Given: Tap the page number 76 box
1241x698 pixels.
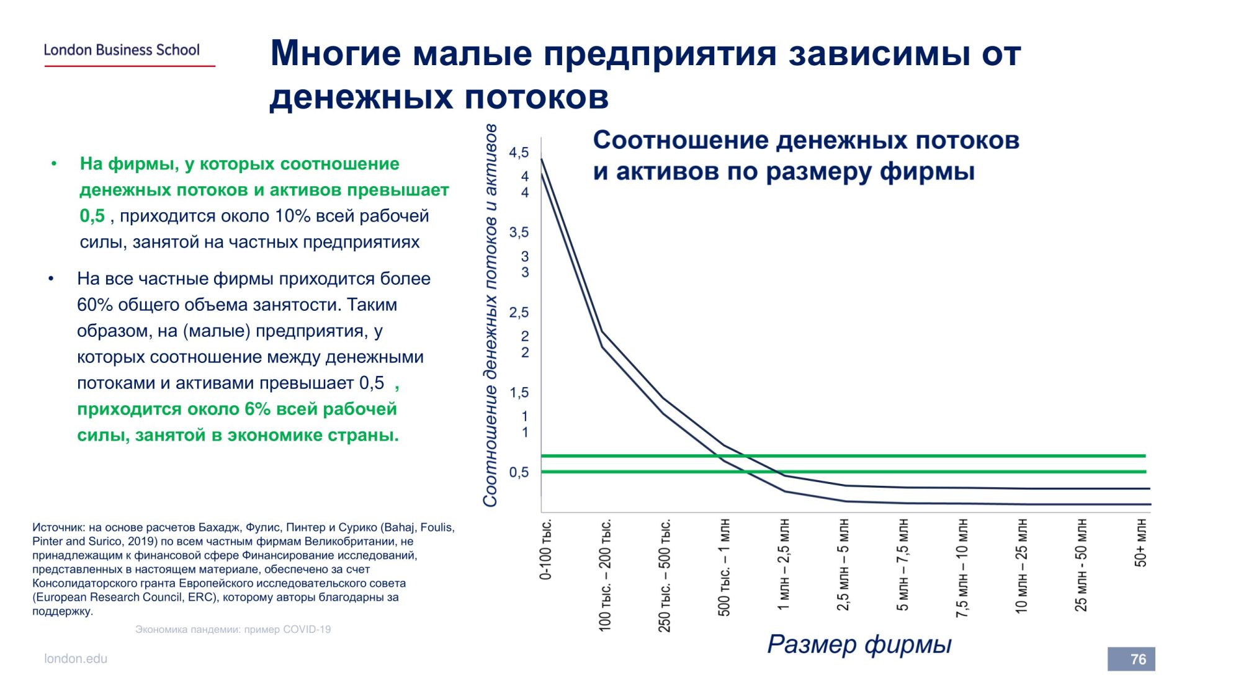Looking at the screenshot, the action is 1131,659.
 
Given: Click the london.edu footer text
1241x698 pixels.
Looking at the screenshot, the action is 76,659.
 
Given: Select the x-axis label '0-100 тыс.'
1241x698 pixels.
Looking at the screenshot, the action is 546,550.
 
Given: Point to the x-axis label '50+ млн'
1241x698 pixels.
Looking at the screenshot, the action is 1140,544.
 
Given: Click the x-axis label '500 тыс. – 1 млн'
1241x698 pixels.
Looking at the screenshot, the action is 724,568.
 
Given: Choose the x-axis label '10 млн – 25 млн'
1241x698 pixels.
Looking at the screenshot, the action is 1021,566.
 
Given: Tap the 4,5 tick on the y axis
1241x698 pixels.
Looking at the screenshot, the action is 519,153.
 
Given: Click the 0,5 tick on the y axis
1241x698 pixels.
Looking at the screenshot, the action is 519,473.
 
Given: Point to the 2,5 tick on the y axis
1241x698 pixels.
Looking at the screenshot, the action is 519,313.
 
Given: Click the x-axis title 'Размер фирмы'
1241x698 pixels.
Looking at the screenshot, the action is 859,645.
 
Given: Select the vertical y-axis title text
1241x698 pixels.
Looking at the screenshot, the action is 490,315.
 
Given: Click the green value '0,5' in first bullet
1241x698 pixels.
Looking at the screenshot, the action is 92,216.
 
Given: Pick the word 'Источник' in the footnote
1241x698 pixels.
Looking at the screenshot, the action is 58,527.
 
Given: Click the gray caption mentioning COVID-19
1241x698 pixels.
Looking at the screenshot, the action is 233,629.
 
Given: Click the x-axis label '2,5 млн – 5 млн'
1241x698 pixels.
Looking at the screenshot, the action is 843,565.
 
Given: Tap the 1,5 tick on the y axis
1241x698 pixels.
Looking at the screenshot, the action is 519,393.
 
